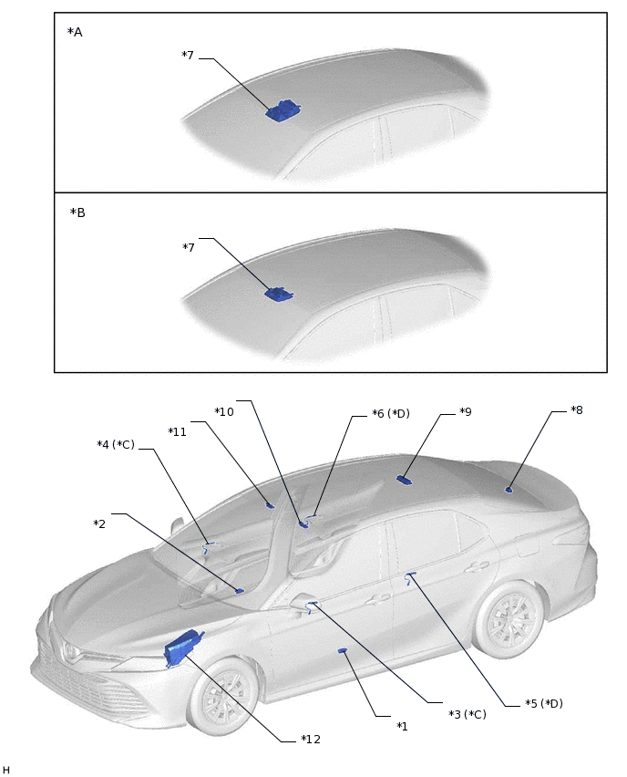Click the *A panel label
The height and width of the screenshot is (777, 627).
coord(75,32)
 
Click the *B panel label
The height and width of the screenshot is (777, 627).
coord(77,212)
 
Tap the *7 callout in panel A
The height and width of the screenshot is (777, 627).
coord(188,56)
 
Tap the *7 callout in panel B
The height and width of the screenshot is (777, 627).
coord(189,247)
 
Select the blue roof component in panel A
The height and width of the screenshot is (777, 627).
coord(283,111)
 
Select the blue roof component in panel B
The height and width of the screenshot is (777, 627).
coord(279,294)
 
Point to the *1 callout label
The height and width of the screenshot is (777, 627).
coord(402,726)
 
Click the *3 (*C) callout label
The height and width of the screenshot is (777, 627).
coord(468,714)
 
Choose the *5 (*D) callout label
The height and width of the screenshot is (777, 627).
coord(544,703)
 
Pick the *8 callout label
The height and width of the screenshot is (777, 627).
coord(576,410)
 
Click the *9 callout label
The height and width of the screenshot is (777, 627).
coord(465,411)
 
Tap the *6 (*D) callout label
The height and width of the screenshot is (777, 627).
coord(391,413)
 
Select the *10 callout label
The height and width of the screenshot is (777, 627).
coord(224,411)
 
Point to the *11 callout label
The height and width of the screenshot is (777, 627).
coord(177,431)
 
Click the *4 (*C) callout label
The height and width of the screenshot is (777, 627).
coord(116,444)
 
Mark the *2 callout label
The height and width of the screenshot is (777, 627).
coord(100,523)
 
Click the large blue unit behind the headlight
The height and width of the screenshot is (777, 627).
coord(180,649)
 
